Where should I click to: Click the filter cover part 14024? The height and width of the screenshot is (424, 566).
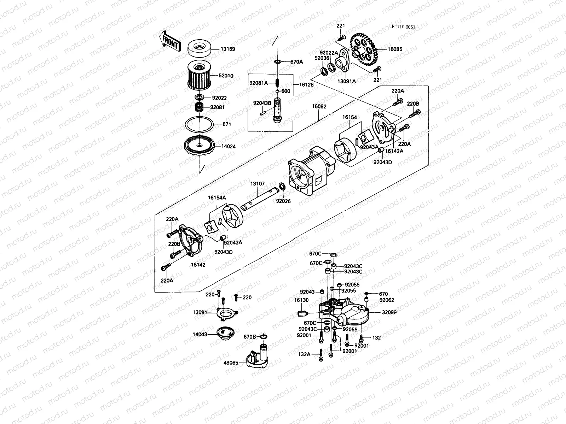pos(200,146)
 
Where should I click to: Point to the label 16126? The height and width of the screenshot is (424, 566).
pos(306,85)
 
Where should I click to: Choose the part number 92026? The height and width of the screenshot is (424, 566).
pos(283,201)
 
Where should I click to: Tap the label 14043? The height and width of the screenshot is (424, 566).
pos(200,334)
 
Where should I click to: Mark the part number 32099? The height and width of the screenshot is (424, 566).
pos(389,312)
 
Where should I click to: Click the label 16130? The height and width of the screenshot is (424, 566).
pos(301,300)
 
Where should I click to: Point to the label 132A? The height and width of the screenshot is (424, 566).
pos(304,354)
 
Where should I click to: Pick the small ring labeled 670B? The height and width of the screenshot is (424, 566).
pos(264,336)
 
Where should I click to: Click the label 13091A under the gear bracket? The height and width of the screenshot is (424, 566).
pos(347,81)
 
